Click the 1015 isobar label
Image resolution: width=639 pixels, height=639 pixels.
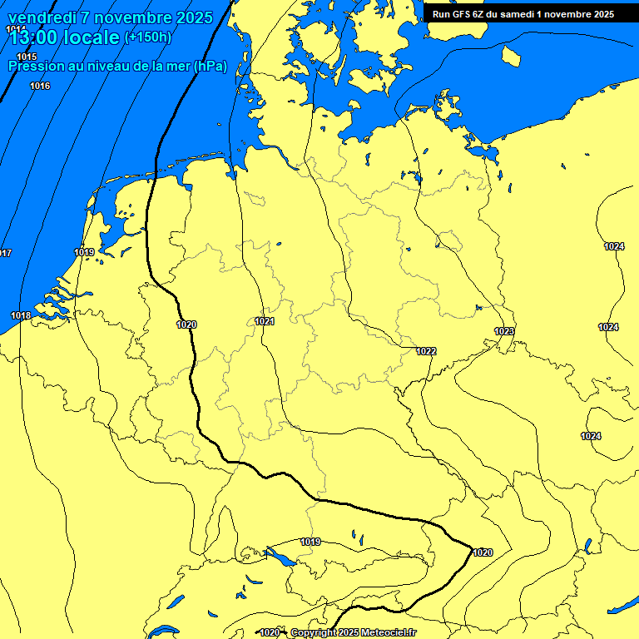(x=27, y=57)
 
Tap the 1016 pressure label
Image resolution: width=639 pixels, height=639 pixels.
(x=40, y=87)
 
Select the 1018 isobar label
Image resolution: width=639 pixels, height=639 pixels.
(x=21, y=315)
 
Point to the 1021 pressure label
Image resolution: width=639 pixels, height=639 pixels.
(x=265, y=321)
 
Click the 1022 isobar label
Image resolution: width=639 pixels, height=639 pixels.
(x=426, y=351)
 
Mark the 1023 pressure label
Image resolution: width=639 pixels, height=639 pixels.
(x=504, y=332)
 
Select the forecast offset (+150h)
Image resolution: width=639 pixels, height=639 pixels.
(x=147, y=37)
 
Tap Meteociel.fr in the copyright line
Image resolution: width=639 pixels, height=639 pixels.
(x=386, y=633)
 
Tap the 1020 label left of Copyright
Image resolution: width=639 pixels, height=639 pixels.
(x=270, y=633)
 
